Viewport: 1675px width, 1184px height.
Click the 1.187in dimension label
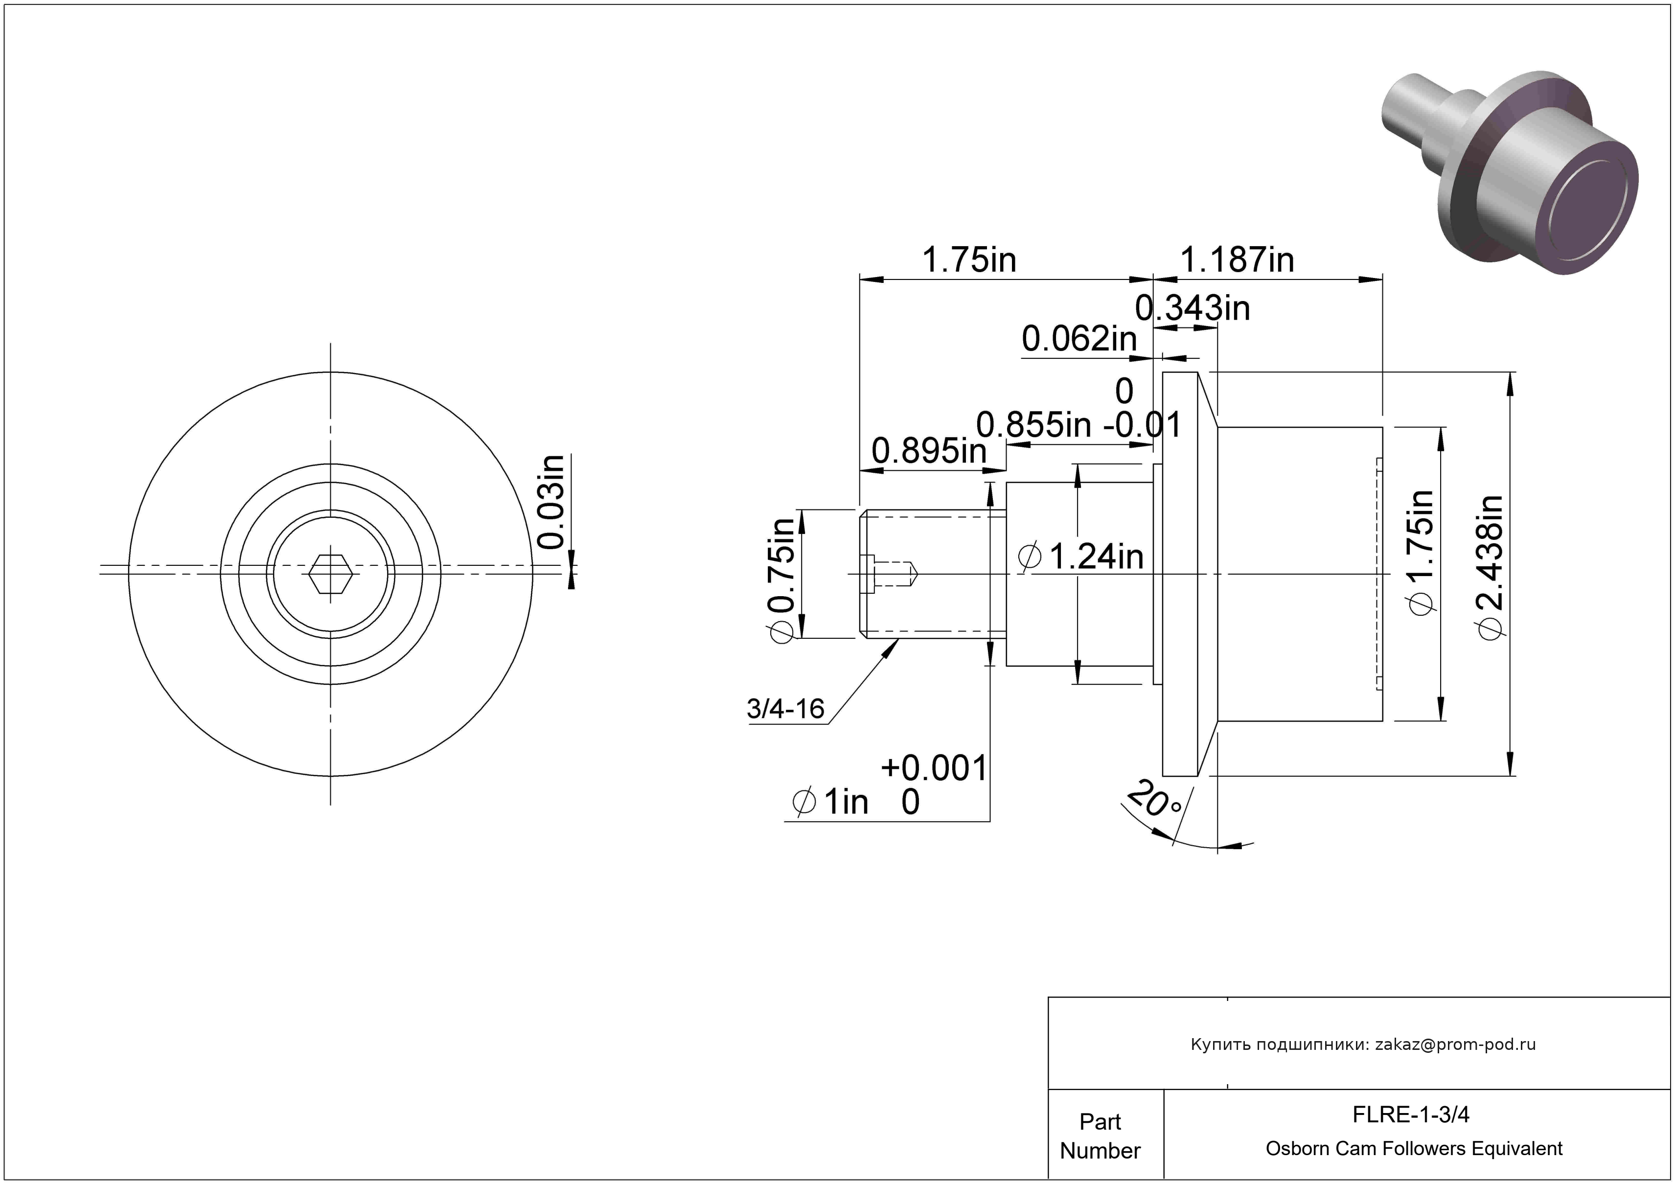[1237, 260]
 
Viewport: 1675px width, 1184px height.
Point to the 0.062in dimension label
[1079, 339]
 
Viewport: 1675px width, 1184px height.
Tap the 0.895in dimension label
[929, 452]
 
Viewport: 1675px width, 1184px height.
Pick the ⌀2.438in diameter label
[1491, 568]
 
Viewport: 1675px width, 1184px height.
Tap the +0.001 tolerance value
[934, 768]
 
